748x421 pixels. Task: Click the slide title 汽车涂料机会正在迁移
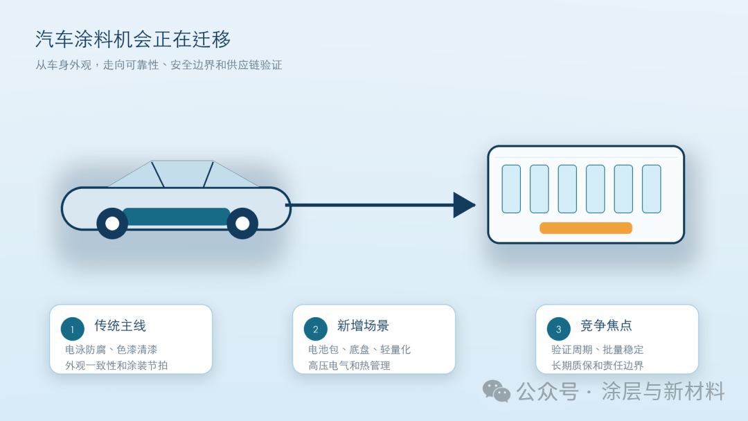(x=133, y=39)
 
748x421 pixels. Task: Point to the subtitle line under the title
(x=159, y=65)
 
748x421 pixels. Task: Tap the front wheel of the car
(x=242, y=223)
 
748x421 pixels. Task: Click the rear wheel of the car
(x=112, y=223)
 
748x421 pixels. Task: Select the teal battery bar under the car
(x=177, y=217)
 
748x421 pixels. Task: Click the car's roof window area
(x=184, y=174)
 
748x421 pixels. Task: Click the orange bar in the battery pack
(x=586, y=228)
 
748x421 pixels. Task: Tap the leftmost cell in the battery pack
(x=511, y=189)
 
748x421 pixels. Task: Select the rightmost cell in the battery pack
(x=652, y=189)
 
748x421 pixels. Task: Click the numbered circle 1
(x=73, y=329)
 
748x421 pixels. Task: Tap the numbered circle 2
(x=315, y=329)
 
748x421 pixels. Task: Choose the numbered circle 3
(x=559, y=329)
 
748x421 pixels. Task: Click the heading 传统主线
(x=121, y=325)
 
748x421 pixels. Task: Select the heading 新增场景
(x=363, y=325)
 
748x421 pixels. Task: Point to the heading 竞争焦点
(x=606, y=325)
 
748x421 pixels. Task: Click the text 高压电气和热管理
(x=349, y=366)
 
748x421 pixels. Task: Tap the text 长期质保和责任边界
(x=597, y=366)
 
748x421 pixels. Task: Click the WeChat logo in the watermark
(x=496, y=391)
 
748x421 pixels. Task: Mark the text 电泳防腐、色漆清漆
(x=111, y=350)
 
